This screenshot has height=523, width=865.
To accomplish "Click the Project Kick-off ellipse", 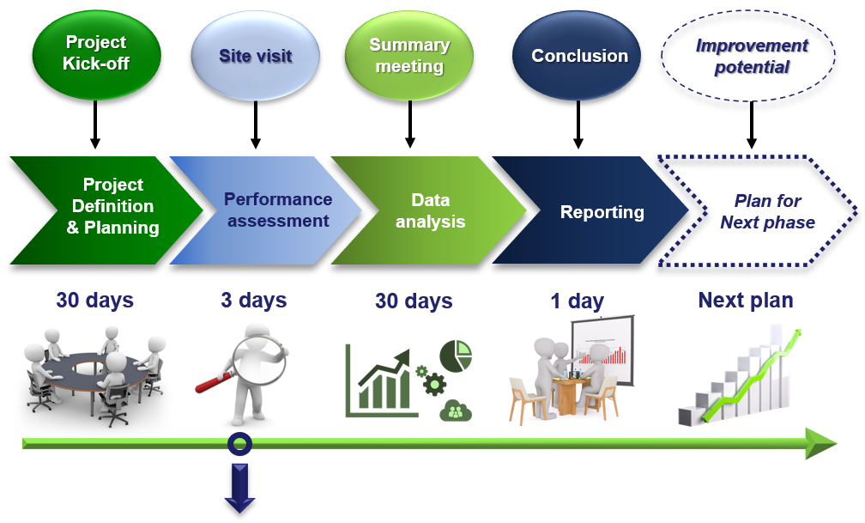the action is point(96,54).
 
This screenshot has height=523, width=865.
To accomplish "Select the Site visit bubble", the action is point(256,55).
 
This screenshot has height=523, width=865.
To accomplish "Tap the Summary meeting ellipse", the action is point(409,55).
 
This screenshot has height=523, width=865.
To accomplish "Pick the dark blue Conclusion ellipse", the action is point(577,55).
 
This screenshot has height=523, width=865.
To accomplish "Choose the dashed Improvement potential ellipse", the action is point(748,55).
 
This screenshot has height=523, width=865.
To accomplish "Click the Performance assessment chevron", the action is point(270,210).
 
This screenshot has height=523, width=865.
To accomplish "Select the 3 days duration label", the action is point(254,300).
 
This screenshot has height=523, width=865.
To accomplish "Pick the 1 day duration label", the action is point(577,301).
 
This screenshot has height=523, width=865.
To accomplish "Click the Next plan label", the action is point(746,300).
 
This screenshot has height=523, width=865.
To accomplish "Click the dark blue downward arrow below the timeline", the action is point(240,489).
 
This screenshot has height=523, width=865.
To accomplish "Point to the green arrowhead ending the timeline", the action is point(822,443).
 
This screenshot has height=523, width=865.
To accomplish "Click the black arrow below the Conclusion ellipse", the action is point(578,125).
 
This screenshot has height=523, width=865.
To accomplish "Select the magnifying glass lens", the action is point(259,360).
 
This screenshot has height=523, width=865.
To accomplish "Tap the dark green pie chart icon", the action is point(457,356).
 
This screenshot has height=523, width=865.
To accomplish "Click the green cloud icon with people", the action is point(456,410).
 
